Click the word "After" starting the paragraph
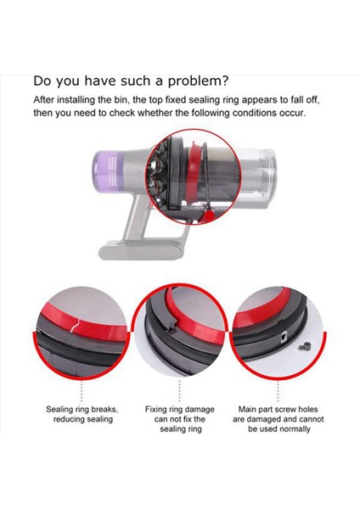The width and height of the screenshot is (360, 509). [x=48, y=100]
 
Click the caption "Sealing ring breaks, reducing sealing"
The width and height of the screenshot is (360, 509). [x=82, y=413]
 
